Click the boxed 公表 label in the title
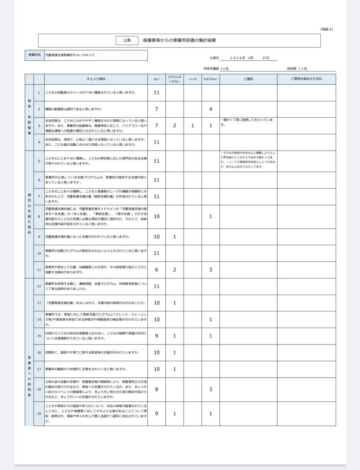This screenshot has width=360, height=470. click(x=127, y=41)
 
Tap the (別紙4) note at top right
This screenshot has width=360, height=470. click(x=327, y=29)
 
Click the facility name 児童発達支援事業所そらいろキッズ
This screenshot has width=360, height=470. click(x=70, y=55)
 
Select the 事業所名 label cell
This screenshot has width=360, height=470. click(x=34, y=55)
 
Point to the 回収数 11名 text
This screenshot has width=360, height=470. click(x=297, y=68)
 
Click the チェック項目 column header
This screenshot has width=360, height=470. click(x=96, y=79)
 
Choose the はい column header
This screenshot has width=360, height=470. click(x=156, y=79)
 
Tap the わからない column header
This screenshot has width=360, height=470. click(x=210, y=79)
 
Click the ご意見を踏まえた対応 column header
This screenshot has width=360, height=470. click(x=306, y=79)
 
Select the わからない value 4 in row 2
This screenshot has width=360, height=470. click(x=210, y=109)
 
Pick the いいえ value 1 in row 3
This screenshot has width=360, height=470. click(x=192, y=126)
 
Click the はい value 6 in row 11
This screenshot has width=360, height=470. click(x=156, y=270)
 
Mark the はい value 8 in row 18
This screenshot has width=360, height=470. click(x=156, y=389)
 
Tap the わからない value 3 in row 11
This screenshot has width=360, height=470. click(x=210, y=270)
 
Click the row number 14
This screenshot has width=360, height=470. click(x=39, y=320)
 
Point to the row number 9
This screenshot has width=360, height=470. click(x=39, y=237)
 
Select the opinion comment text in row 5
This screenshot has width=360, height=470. click(x=248, y=160)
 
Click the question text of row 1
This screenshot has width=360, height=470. click(x=90, y=93)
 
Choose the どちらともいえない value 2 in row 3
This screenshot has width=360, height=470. click(x=174, y=126)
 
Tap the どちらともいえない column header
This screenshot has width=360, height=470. click(x=174, y=79)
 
